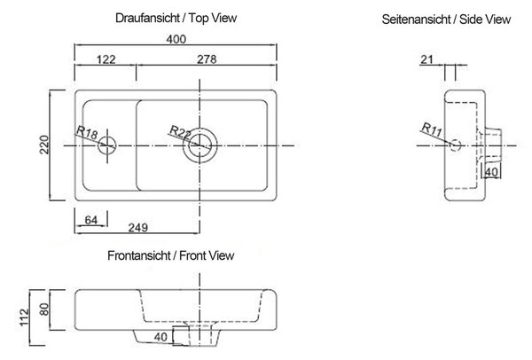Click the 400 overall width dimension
pos(176,39)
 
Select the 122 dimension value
pos(106,59)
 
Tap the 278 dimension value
pos(207,59)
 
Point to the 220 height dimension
pos(44,145)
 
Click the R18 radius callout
pos(87,131)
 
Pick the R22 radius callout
pos(180,132)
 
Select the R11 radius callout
pos(432,129)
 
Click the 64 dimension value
pos(91,220)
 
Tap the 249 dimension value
pos(138,227)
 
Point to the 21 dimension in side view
pos(426,59)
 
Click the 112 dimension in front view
pos(25,317)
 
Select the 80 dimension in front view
pos(44,309)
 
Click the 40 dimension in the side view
pos(491,172)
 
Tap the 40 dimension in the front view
pos(160,337)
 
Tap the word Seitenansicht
pos(415,20)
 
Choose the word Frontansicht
pos(139,255)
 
